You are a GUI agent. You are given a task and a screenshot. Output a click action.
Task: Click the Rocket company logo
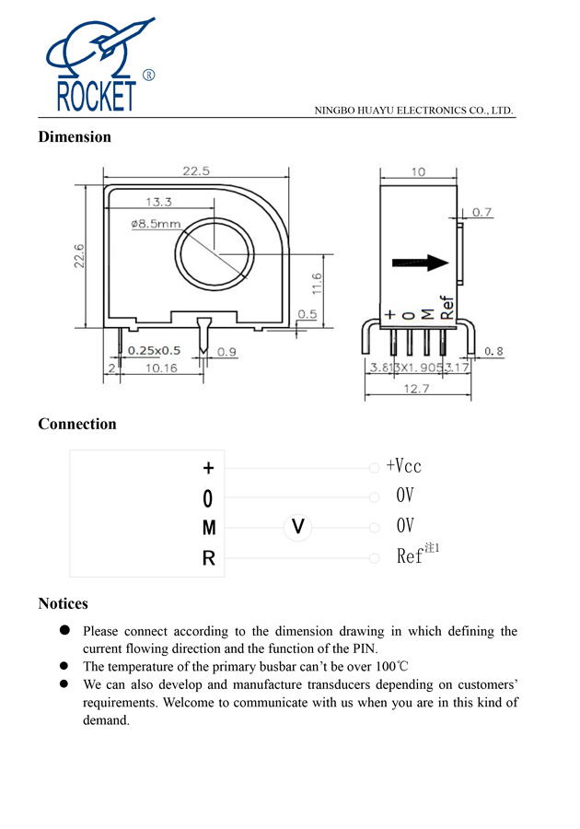click(x=97, y=65)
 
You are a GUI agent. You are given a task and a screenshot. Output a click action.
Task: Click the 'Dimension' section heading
click(x=75, y=137)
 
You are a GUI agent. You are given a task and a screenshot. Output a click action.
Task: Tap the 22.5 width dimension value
click(x=196, y=170)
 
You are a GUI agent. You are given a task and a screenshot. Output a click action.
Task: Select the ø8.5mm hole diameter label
click(x=156, y=223)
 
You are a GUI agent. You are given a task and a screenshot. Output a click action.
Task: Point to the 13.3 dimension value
click(x=158, y=202)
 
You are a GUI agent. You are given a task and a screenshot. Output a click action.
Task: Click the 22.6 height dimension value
click(x=79, y=257)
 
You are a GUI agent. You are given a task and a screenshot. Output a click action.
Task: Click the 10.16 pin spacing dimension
click(x=160, y=368)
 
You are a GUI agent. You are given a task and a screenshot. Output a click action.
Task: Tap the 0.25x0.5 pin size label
click(x=154, y=351)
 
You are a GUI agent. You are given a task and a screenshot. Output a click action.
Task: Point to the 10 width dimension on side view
click(x=418, y=172)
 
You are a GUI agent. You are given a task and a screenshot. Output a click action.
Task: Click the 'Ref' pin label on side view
click(x=448, y=307)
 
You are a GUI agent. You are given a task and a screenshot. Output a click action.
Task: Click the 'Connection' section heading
click(x=77, y=424)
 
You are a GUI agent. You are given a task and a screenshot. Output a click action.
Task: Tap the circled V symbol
click(x=297, y=526)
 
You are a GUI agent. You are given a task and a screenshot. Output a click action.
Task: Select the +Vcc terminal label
click(x=404, y=466)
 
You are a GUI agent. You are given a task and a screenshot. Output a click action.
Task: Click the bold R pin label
click(x=209, y=558)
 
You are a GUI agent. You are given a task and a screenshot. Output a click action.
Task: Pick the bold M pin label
click(x=209, y=528)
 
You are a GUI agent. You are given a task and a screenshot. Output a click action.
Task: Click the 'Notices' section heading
click(x=63, y=603)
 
